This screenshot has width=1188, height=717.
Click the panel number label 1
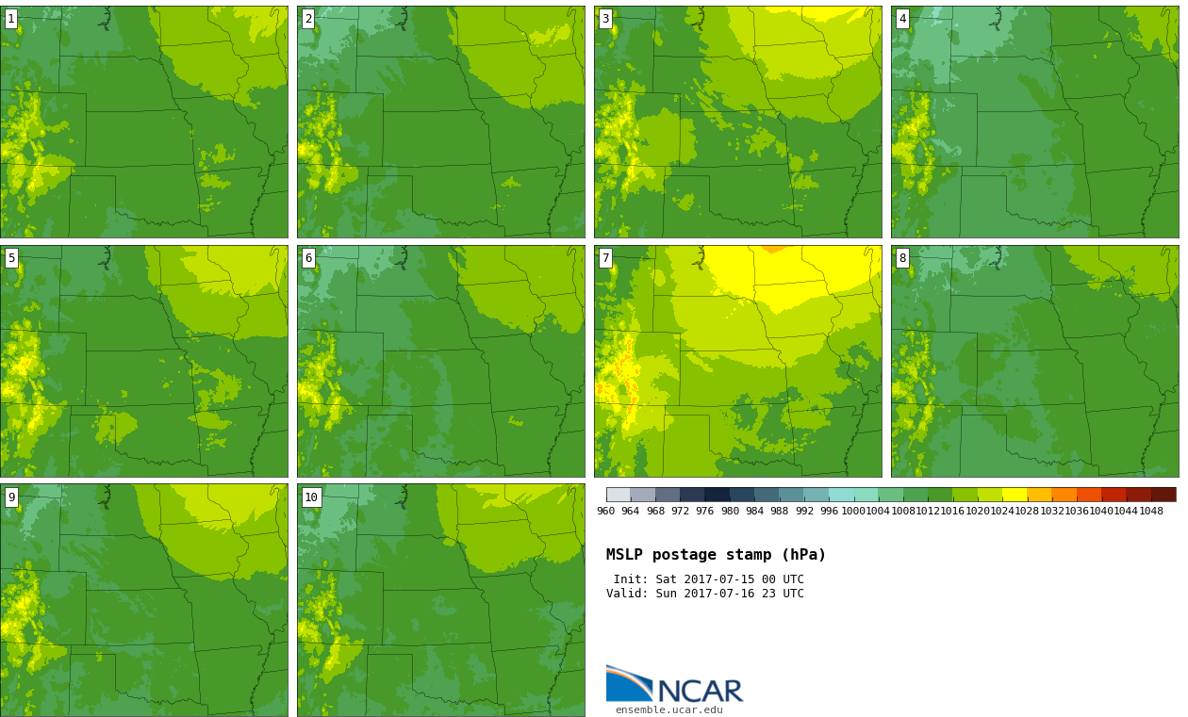10,19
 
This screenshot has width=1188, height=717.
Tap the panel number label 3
605,19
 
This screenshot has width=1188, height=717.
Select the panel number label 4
902,19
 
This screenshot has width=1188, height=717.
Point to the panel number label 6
308,258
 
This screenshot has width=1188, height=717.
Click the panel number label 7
605,258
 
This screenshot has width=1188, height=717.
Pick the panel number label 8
902,258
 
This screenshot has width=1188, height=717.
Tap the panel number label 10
311,497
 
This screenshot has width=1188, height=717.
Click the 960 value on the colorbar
605,512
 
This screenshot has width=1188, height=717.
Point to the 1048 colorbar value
1151,512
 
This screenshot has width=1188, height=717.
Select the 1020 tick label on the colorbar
977,512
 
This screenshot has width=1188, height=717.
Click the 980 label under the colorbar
730,512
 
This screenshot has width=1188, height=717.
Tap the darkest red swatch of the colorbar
1163,495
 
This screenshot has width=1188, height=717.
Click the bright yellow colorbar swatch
1015,495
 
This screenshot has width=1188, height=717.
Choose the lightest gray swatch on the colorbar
619,495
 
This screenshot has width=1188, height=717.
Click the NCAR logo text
700,692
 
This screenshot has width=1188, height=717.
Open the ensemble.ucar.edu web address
668,710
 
